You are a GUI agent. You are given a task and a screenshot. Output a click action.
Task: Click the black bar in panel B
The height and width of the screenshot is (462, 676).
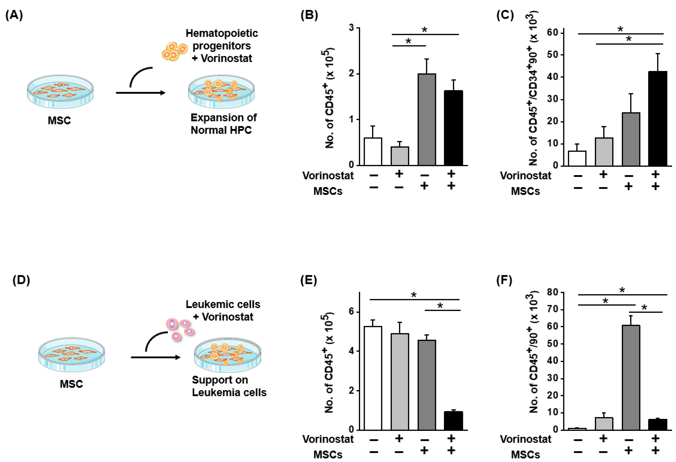pyautogui.click(x=453, y=128)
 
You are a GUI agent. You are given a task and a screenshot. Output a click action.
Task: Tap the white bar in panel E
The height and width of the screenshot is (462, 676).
pyautogui.click(x=373, y=378)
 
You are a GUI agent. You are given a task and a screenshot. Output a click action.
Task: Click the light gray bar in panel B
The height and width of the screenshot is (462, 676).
pyautogui.click(x=400, y=156)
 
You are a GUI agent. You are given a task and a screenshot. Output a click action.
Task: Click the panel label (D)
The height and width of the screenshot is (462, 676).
pyautogui.click(x=21, y=280)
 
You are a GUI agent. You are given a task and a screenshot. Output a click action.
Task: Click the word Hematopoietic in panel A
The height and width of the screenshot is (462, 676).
pyautogui.click(x=222, y=33)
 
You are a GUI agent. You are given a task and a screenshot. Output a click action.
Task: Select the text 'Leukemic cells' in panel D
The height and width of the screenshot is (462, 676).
pyautogui.click(x=223, y=304)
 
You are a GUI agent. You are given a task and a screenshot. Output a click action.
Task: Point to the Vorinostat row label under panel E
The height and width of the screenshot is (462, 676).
pyautogui.click(x=328, y=439)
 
